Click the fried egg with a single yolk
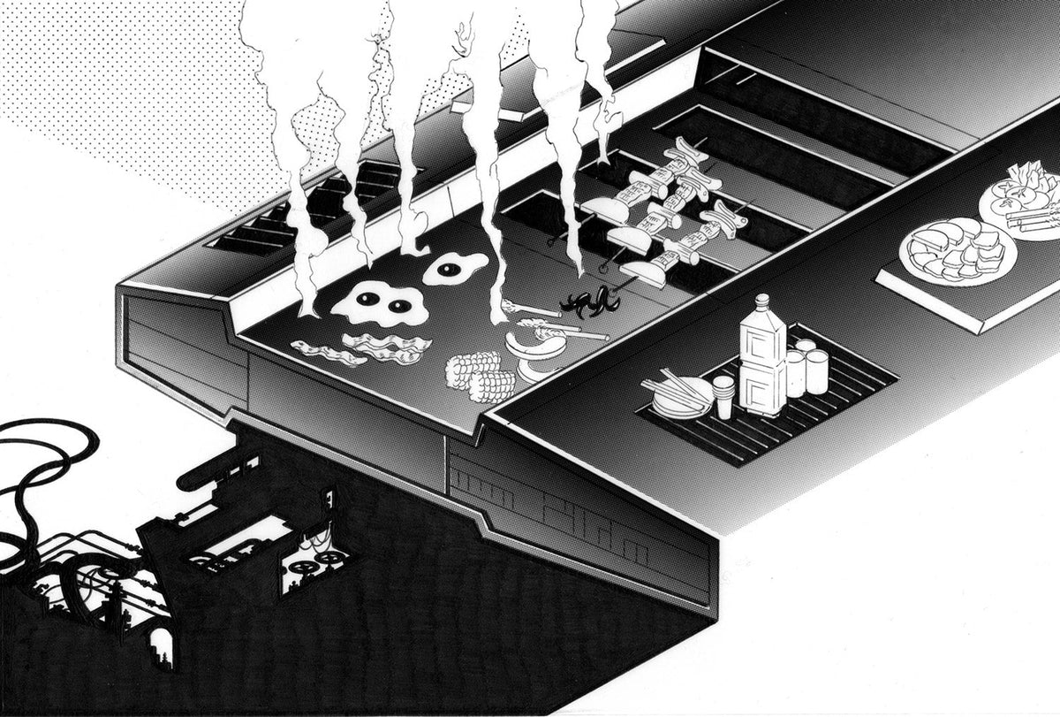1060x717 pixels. pos(454,269)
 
